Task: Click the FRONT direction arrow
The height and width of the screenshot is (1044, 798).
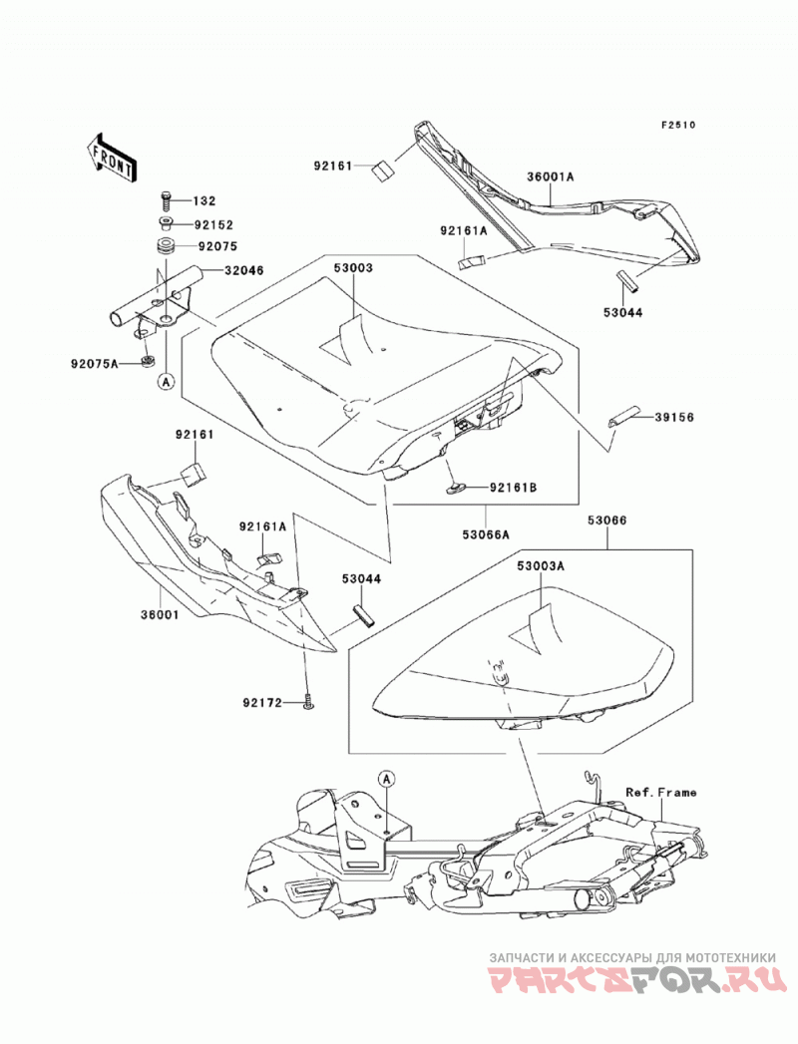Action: (112, 158)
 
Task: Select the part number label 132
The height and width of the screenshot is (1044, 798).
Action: (204, 201)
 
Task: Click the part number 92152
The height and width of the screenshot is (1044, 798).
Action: (213, 225)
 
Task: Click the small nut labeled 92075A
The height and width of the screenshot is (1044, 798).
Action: (148, 362)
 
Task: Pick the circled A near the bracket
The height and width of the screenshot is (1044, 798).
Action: (166, 381)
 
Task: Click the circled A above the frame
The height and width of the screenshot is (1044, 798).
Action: (386, 778)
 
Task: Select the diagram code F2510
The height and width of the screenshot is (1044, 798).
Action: (677, 125)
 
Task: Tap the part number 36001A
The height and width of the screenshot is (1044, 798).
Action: (551, 176)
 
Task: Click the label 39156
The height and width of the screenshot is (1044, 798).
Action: (674, 418)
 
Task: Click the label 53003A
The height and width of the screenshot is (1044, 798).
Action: (541, 566)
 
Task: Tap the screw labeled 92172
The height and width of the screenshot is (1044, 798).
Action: (308, 701)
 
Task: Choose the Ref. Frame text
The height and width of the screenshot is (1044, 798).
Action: (660, 793)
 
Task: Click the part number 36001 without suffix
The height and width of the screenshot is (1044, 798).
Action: (160, 614)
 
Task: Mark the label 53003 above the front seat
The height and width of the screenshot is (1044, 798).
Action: (353, 268)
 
